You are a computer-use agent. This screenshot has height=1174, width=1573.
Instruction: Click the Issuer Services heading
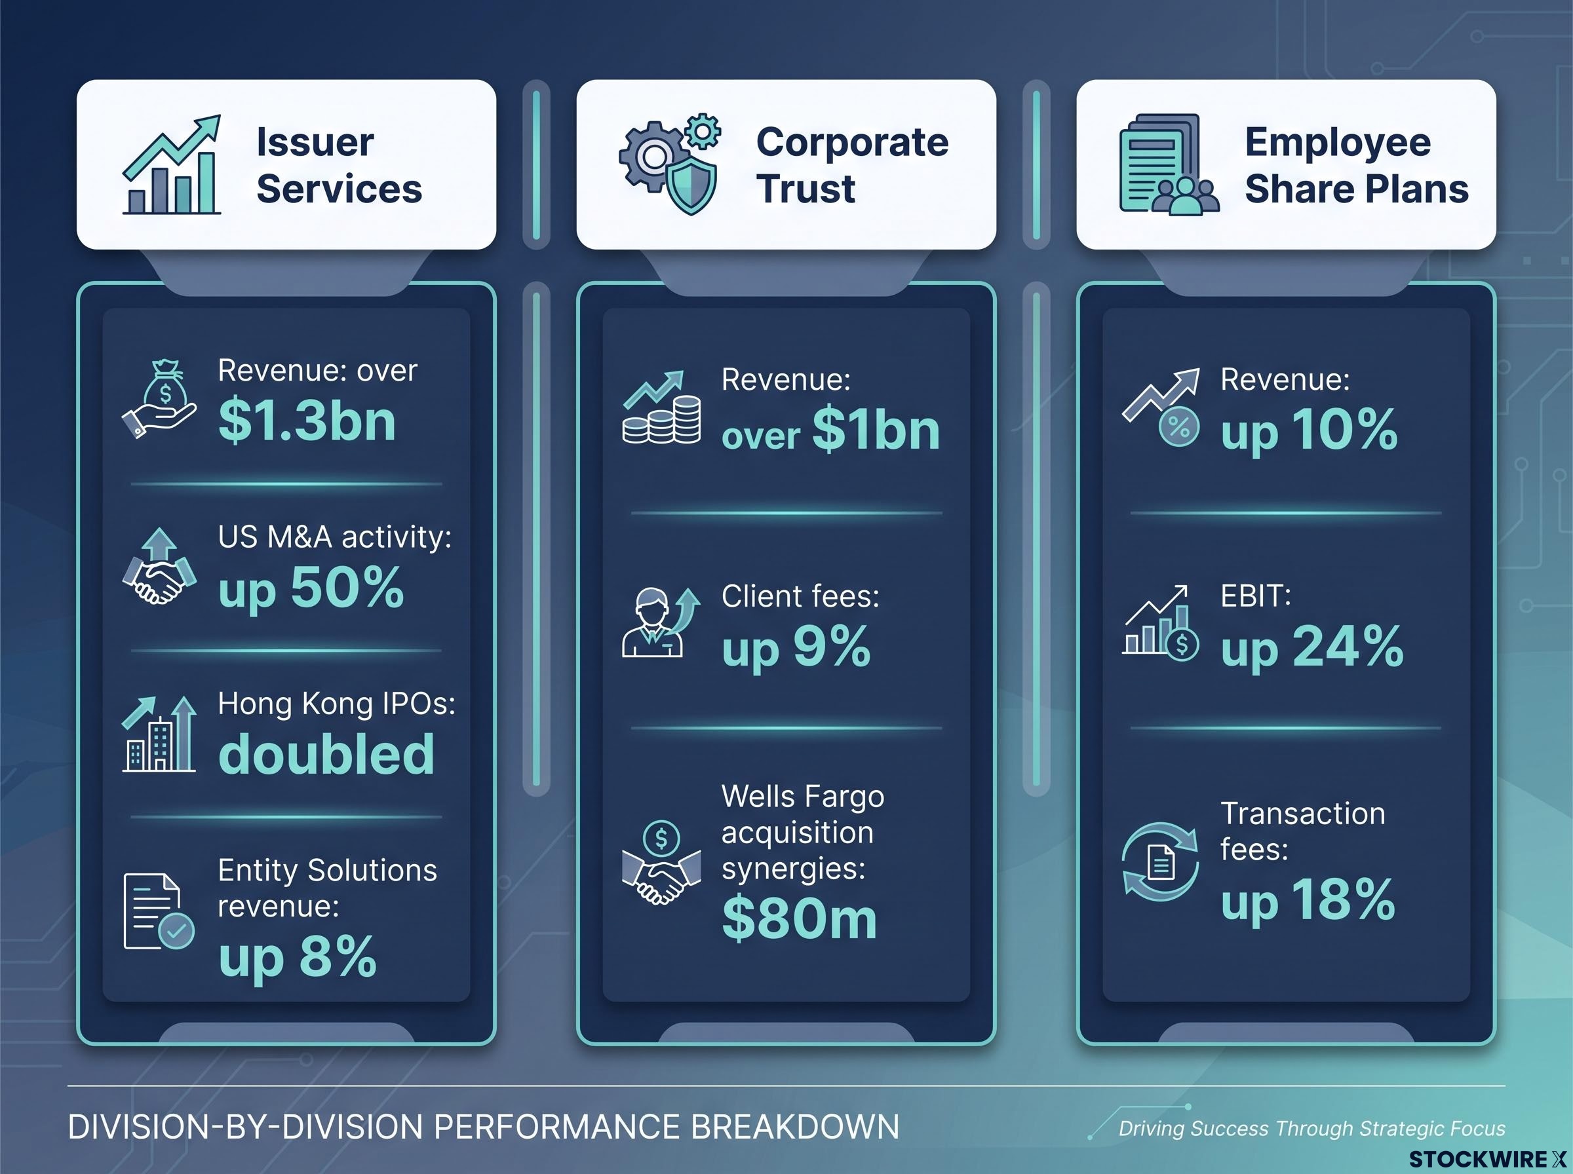[339, 166]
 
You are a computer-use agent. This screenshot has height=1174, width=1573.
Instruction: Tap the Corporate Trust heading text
[852, 166]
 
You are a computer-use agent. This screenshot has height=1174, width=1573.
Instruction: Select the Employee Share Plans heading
[1356, 166]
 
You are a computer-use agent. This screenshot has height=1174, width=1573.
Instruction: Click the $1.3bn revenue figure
[307, 421]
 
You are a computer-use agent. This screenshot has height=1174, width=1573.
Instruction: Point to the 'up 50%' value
[311, 588]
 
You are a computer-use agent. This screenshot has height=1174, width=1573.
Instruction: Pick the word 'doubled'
[326, 753]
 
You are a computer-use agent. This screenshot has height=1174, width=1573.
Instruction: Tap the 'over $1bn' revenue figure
[830, 430]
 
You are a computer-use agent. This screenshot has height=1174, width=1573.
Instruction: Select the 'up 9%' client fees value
[796, 647]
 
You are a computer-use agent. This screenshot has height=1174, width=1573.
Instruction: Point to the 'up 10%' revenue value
[1310, 430]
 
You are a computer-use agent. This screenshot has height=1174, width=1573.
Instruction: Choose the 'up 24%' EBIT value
[1312, 647]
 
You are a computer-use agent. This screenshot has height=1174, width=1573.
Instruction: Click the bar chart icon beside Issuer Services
[172, 164]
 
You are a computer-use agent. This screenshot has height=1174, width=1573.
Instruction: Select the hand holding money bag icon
[159, 400]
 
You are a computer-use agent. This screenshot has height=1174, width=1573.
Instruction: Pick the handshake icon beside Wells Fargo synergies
[662, 863]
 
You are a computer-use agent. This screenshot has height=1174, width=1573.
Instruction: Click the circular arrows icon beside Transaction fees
[1160, 863]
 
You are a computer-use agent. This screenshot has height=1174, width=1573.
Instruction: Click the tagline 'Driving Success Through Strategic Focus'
[1312, 1129]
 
